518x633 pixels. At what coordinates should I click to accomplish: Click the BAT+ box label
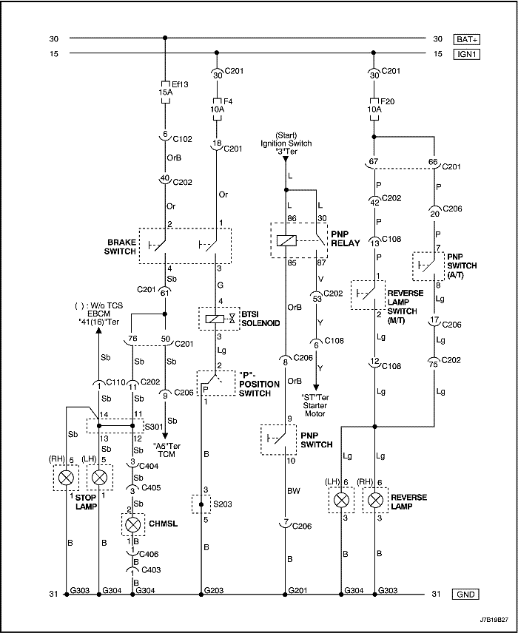[468, 38]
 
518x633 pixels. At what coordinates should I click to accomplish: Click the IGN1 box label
[468, 54]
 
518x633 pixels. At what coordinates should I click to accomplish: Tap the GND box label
[468, 594]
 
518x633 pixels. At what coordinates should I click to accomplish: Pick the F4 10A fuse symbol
[216, 104]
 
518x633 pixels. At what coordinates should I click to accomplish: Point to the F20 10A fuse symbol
[374, 104]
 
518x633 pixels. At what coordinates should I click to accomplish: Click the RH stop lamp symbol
[67, 478]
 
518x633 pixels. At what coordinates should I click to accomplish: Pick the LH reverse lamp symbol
[342, 501]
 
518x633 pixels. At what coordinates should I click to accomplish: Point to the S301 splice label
[152, 427]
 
